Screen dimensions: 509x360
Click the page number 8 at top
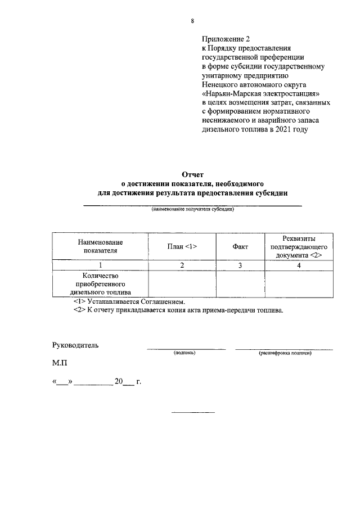pyautogui.click(x=192, y=21)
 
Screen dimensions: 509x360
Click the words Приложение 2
pyautogui.click(x=225, y=39)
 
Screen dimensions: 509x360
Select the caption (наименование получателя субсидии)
pyautogui.click(x=192, y=209)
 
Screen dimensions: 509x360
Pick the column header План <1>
pyautogui.click(x=182, y=246)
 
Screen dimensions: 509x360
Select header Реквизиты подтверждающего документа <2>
pyautogui.click(x=299, y=246)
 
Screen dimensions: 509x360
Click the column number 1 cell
pyautogui.click(x=100, y=265)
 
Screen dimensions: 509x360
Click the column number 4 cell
pyautogui.click(x=299, y=265)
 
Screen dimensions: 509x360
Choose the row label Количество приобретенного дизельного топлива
pyautogui.click(x=100, y=284)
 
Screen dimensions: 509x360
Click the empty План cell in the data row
pyautogui.click(x=182, y=284)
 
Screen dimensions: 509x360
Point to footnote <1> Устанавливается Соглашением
pyautogui.click(x=129, y=301)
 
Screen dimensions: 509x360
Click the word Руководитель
pyautogui.click(x=75, y=345)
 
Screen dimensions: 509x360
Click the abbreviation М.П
pyautogui.click(x=60, y=364)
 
